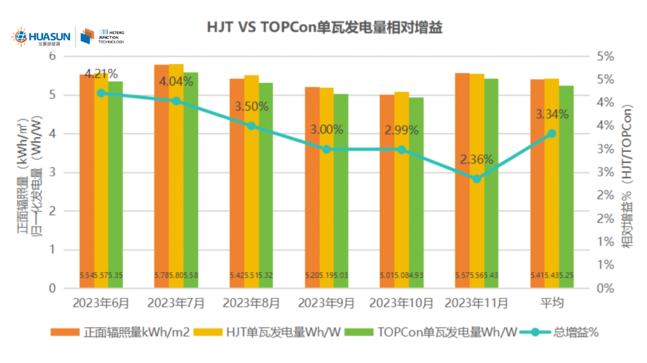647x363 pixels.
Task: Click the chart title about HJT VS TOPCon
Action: pyautogui.click(x=324, y=28)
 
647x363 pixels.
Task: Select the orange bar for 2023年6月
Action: pyautogui.click(x=87, y=179)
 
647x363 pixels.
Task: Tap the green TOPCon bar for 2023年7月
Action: pyautogui.click(x=191, y=179)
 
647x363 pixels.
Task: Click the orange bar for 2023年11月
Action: pyautogui.click(x=462, y=179)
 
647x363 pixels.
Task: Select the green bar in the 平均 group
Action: pyautogui.click(x=566, y=185)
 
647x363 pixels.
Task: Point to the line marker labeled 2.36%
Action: pyautogui.click(x=476, y=178)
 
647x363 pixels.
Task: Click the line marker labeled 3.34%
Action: pyautogui.click(x=552, y=133)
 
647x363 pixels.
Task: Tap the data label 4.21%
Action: pyautogui.click(x=101, y=74)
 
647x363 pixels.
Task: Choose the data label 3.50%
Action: pyautogui.click(x=251, y=107)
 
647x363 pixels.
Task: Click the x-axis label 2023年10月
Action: pyautogui.click(x=401, y=303)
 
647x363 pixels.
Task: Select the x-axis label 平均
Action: pyautogui.click(x=552, y=303)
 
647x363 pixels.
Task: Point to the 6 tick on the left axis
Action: pyautogui.click(x=52, y=56)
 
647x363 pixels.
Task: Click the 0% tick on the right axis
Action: pyautogui.click(x=606, y=288)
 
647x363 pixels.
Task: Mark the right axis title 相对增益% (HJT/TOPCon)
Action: pyautogui.click(x=627, y=173)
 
